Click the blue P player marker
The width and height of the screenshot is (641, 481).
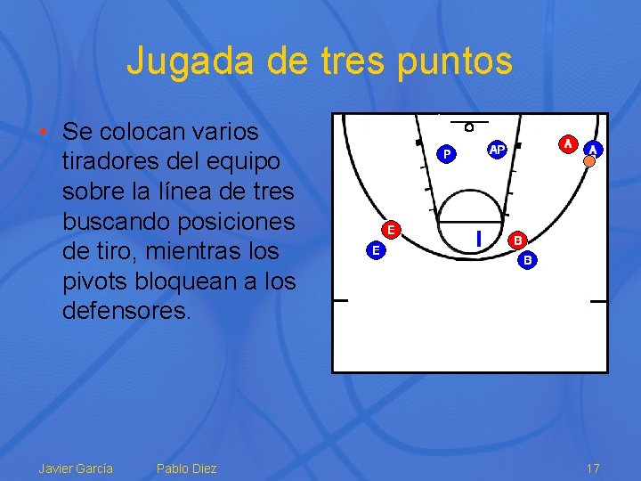click(447, 154)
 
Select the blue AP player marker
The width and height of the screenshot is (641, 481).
click(497, 150)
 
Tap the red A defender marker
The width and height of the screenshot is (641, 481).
click(567, 143)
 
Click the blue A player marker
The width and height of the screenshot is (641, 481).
click(593, 150)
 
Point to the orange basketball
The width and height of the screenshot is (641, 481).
click(588, 161)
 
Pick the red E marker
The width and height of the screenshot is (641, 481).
click(390, 229)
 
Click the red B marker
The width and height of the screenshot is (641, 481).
click(518, 240)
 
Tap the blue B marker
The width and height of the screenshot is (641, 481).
click(528, 260)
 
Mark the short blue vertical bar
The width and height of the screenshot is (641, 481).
click(478, 238)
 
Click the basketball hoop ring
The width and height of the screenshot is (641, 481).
click(469, 126)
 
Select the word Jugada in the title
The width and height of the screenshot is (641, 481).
click(181, 61)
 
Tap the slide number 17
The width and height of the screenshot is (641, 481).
click(593, 469)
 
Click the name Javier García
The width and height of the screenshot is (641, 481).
click(76, 469)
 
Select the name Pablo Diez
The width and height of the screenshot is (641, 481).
click(186, 469)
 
